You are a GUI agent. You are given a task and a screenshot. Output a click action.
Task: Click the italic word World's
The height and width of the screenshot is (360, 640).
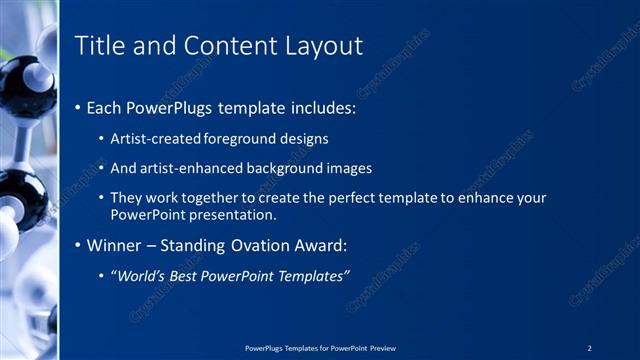pos(141,275)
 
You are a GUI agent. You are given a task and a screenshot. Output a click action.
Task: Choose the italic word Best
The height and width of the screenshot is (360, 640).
pos(191,275)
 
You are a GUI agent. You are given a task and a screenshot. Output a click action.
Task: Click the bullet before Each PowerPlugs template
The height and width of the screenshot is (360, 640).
pos(79,106)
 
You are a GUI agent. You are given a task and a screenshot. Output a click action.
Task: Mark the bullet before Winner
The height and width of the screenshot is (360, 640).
pos(79,245)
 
